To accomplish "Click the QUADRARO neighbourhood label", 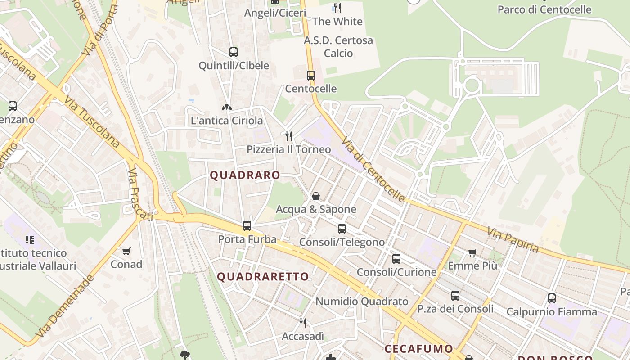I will click(245, 175).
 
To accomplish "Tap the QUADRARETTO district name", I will click(263, 277).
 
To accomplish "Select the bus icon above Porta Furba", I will click(247, 226).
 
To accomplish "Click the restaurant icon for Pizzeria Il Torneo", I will click(289, 136).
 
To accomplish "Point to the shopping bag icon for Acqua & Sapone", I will click(316, 196).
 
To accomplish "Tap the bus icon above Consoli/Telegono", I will click(342, 229).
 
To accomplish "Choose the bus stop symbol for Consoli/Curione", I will click(396, 259).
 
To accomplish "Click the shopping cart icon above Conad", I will click(126, 251).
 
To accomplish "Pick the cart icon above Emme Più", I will click(472, 253).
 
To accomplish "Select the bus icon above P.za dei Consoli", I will click(455, 296).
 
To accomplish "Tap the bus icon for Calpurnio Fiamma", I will click(552, 298).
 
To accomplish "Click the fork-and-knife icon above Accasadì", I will click(303, 323).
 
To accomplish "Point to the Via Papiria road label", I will click(513, 239).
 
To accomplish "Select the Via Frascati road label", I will click(139, 195).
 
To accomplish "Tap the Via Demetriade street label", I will click(65, 306).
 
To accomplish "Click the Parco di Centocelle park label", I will click(544, 9).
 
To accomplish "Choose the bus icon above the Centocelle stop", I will click(311, 76).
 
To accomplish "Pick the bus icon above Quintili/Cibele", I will click(234, 52).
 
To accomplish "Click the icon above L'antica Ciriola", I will click(227, 108).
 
